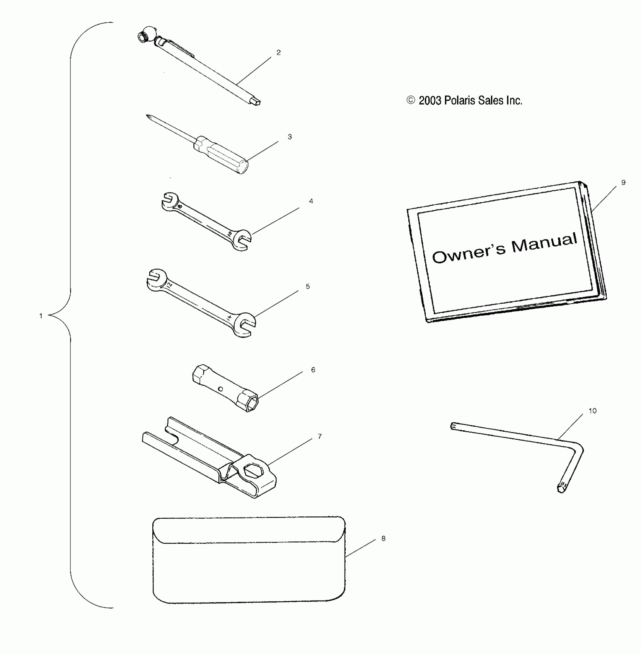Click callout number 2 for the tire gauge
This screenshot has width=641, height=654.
[278, 53]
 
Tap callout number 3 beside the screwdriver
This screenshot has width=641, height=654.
[290, 137]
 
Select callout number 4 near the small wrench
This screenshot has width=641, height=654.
[311, 201]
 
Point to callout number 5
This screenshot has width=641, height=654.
[308, 286]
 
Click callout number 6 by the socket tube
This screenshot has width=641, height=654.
[313, 370]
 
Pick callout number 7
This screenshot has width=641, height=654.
[320, 436]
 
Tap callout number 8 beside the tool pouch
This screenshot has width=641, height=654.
[383, 538]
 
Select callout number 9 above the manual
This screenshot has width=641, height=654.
[623, 182]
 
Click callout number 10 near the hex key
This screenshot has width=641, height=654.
[592, 411]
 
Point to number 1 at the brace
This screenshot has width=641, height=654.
[41, 316]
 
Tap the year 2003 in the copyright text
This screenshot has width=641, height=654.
[430, 101]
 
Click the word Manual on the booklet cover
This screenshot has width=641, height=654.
[544, 243]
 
